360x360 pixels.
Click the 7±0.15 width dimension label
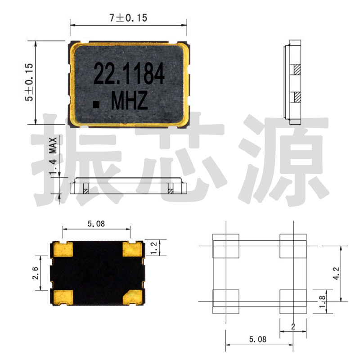[128, 18]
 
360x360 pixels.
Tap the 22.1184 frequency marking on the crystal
[129, 74]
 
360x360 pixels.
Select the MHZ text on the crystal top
[129, 102]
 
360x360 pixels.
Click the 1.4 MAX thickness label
[53, 157]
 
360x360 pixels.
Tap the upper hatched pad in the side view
[297, 70]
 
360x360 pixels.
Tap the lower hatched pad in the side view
[297, 97]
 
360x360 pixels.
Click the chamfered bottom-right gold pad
[134, 297]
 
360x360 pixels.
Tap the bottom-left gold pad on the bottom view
[63, 297]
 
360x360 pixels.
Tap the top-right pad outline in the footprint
[292, 247]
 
